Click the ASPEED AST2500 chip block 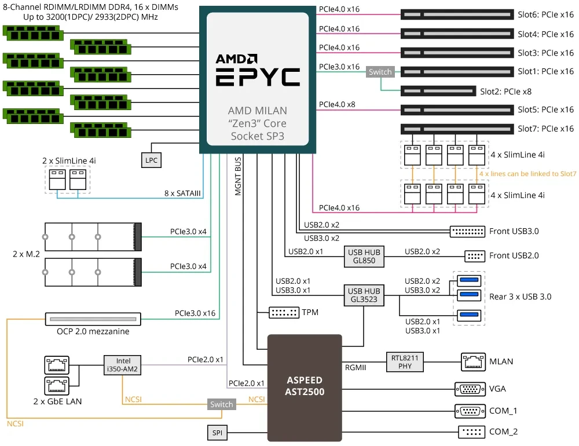[x=305, y=387]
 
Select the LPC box [x=151, y=160]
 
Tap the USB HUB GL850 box [x=364, y=256]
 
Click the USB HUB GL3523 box [x=364, y=295]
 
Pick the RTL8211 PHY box [x=405, y=362]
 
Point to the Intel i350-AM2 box [x=123, y=365]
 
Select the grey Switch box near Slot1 [x=380, y=72]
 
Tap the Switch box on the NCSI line [x=222, y=404]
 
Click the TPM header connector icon [x=284, y=313]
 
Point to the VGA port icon [x=470, y=389]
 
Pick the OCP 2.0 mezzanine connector [x=93, y=319]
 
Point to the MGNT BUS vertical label [x=238, y=176]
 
